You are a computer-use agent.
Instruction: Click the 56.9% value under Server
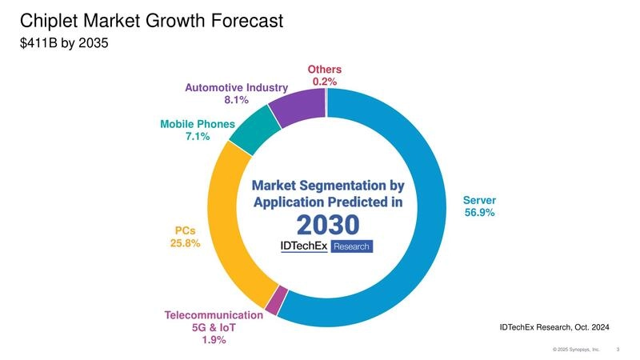point(480,213)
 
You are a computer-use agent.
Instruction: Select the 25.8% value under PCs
point(185,243)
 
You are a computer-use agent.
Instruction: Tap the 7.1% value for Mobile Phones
point(197,137)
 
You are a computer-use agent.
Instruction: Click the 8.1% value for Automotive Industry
point(236,100)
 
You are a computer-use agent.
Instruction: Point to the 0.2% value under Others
point(325,82)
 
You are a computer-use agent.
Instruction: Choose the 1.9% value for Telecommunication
point(214,340)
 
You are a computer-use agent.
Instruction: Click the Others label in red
point(325,70)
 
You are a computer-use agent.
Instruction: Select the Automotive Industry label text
point(236,87)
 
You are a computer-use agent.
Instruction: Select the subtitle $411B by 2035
point(62,45)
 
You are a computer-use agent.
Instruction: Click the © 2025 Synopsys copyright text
point(576,350)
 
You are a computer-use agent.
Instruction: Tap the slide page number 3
point(618,350)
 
